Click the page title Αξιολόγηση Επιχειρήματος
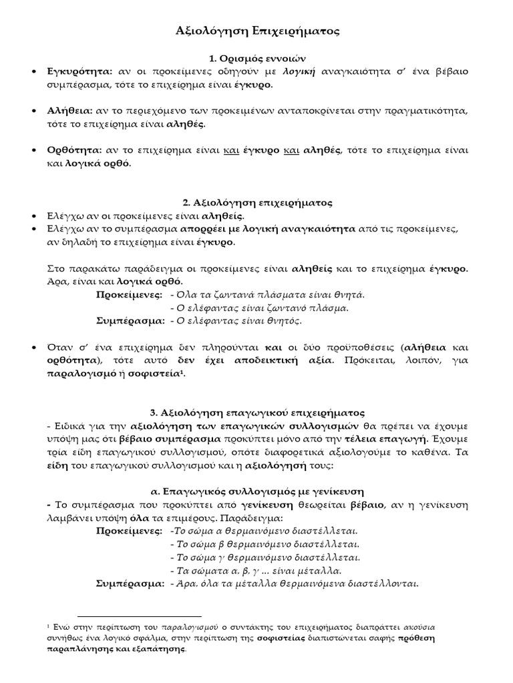(256, 31)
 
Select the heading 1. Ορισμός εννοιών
(256, 59)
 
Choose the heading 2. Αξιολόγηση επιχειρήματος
(256, 202)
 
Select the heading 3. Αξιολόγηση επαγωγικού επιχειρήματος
(256, 413)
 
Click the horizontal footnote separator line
(140, 616)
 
